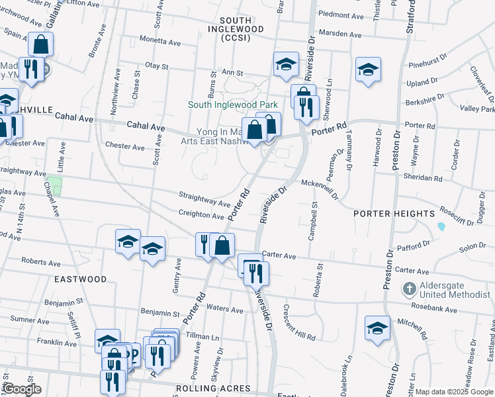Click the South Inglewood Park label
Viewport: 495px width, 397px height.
232,105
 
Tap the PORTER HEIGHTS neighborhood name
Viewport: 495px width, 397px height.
394,214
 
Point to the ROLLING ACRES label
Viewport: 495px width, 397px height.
212,388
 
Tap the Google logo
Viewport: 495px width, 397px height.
21,389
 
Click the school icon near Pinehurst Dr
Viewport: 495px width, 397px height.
368,69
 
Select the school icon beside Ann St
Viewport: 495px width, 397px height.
286,64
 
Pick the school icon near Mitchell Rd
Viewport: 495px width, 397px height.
377,328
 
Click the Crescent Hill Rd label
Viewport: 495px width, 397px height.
299,323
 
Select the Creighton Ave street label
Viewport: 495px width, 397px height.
201,215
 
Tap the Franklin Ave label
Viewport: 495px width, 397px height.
58,343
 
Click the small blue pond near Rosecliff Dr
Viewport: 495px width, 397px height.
441,226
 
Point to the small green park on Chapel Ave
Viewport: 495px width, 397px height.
54,186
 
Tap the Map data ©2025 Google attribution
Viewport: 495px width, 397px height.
454,392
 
